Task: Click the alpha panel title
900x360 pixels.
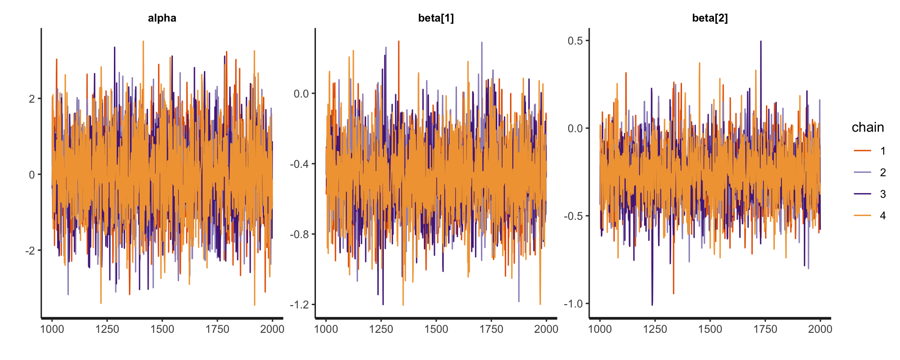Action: (162, 18)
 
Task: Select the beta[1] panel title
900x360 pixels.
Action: (435, 18)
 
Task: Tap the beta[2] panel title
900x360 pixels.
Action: (710, 18)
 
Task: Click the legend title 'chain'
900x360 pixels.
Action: (868, 127)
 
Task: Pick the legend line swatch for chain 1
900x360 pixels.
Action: (862, 151)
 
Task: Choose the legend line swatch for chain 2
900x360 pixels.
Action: (862, 172)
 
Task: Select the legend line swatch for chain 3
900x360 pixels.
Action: (862, 194)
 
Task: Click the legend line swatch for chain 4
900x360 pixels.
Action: (862, 216)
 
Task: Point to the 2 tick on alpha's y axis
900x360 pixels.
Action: (32, 99)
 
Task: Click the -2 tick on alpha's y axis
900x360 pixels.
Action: (30, 251)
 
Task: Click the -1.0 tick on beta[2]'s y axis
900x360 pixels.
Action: (573, 304)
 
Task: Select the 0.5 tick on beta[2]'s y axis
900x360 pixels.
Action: (575, 41)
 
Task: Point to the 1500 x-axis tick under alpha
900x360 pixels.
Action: (162, 329)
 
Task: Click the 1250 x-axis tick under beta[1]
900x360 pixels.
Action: (381, 329)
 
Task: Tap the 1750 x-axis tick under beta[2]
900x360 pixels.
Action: (765, 329)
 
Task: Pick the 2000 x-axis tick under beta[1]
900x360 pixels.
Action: (546, 329)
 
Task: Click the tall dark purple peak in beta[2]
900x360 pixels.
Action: (761, 42)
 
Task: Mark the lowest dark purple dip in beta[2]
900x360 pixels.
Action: (652, 304)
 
